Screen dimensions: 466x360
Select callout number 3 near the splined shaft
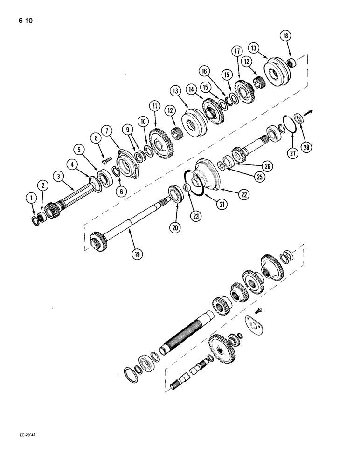coord(58,177)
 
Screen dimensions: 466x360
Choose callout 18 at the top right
coord(285,35)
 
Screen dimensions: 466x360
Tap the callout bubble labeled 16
coord(204,70)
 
